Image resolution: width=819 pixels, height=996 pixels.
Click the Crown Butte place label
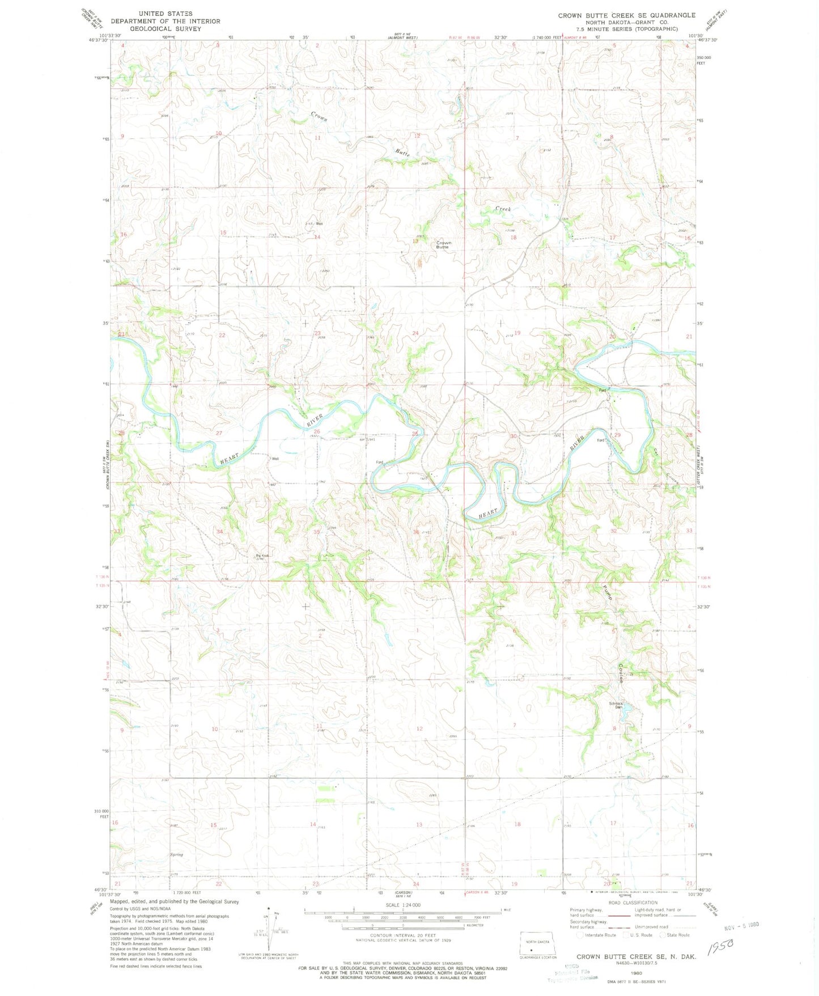click(x=443, y=245)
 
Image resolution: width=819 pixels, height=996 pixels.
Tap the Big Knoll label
click(x=261, y=556)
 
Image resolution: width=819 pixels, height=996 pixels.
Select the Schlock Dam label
click(x=616, y=706)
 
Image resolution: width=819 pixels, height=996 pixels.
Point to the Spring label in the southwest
click(x=176, y=854)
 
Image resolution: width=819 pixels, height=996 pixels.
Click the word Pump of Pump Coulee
click(x=608, y=592)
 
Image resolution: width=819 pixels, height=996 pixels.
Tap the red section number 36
click(x=416, y=532)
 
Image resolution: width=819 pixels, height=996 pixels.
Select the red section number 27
click(x=219, y=433)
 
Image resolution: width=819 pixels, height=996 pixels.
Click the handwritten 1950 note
click(x=720, y=946)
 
